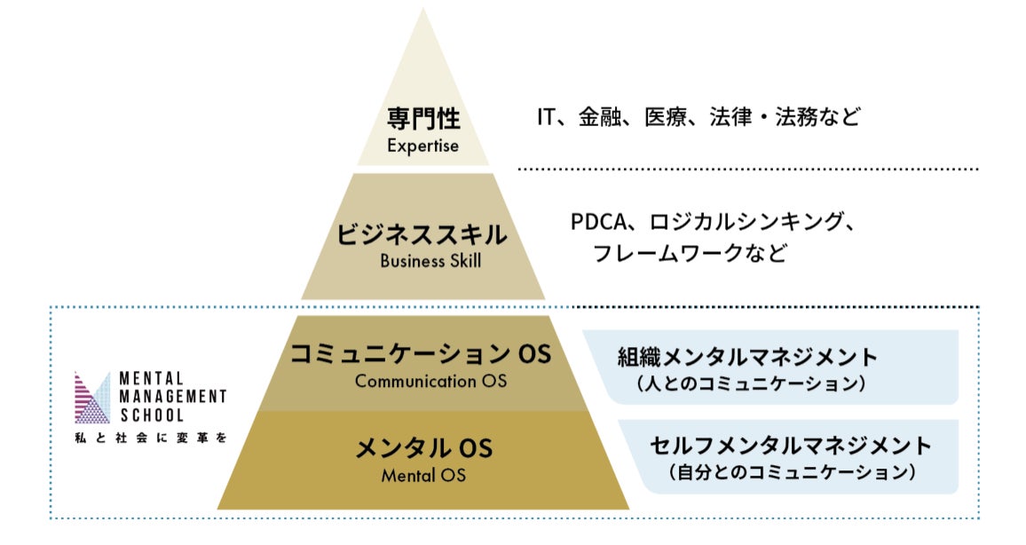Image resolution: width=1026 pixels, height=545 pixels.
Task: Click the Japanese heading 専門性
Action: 422,119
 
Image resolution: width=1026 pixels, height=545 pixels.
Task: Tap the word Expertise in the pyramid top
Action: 422,146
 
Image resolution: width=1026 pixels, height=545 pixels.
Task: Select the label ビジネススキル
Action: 422,235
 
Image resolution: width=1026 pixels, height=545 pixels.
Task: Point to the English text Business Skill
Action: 423,261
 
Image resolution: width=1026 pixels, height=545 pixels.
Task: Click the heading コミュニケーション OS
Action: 422,354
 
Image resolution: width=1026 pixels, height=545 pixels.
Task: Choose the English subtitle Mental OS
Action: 423,475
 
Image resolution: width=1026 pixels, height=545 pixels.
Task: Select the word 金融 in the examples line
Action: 600,116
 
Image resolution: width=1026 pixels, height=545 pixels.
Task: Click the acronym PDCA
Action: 601,221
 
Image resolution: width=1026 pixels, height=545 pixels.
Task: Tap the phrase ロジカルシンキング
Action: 743,221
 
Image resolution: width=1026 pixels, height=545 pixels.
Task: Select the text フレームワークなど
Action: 690,254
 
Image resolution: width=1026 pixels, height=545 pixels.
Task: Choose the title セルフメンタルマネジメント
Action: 791,445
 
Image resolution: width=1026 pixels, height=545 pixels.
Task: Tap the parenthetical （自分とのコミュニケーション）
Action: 791,472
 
